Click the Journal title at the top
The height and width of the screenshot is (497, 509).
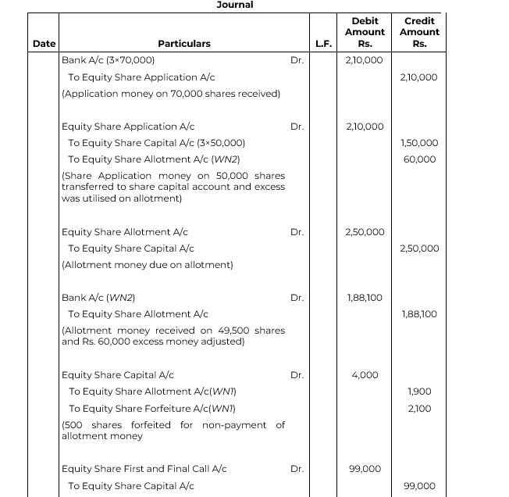coord(234,5)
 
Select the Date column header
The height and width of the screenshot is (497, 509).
coord(44,44)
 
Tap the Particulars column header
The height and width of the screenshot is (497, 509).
coord(184,44)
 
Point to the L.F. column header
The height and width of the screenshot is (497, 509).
coord(324,44)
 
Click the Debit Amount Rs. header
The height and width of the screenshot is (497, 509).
coord(365,32)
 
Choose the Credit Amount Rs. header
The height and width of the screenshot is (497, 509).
coord(419,32)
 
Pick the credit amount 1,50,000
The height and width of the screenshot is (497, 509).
coord(419,143)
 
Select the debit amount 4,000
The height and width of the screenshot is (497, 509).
coord(365,375)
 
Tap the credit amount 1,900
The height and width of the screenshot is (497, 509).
coord(420,392)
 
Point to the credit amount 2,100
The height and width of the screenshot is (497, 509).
coord(420,409)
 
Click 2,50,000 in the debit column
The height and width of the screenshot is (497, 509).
coord(365,232)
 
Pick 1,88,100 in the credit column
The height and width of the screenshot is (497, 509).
coord(419,314)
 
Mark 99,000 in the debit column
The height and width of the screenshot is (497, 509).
coord(365,469)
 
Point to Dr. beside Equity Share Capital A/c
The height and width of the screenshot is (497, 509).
coord(297,375)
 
